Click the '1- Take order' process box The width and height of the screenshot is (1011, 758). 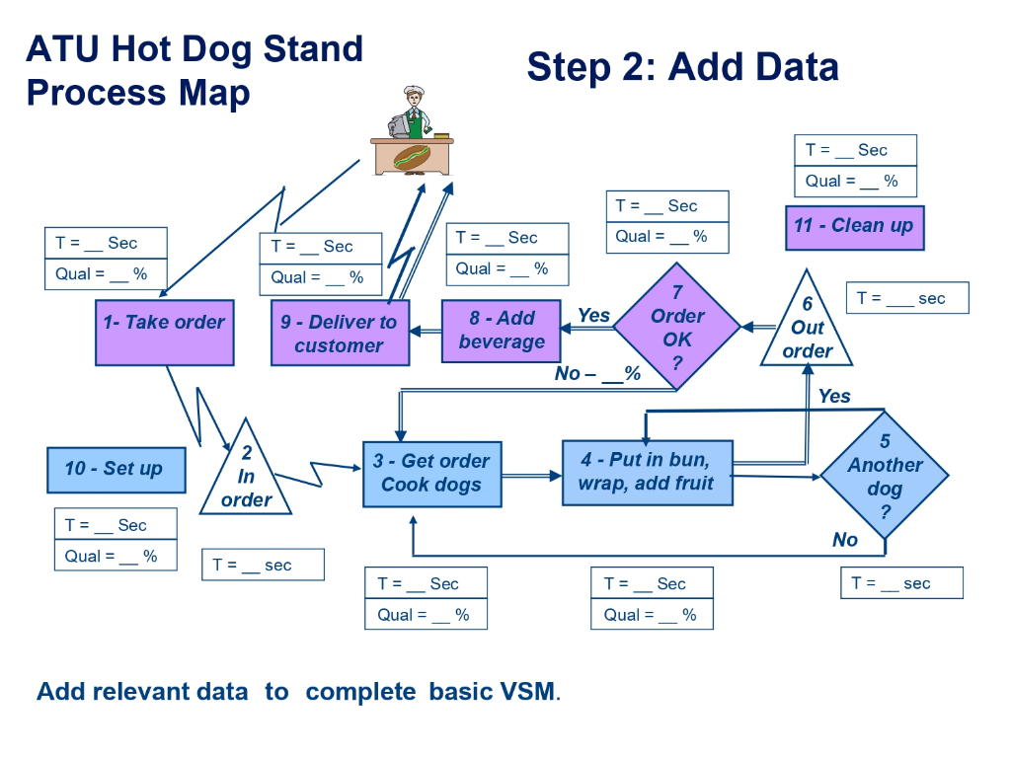tap(165, 333)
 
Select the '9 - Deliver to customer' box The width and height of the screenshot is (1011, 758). tap(341, 334)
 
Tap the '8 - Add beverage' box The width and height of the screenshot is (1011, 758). tap(502, 331)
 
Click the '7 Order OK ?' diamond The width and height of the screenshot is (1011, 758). tap(677, 328)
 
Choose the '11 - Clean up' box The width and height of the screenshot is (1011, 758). tap(854, 226)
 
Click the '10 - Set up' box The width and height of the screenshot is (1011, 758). tap(117, 469)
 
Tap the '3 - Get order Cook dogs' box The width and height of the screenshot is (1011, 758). tap(431, 474)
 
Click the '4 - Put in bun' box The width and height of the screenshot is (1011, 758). tap(647, 473)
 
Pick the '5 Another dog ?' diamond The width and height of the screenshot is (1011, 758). tap(885, 476)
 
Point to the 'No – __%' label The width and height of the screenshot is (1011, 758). tap(597, 374)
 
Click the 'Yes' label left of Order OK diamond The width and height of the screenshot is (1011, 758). tap(593, 315)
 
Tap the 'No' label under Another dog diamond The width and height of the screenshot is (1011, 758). tap(845, 539)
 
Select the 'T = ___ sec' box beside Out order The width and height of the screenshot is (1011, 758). tap(907, 298)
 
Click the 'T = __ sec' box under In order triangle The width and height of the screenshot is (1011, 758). tap(263, 565)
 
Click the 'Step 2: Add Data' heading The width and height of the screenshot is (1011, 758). tap(682, 67)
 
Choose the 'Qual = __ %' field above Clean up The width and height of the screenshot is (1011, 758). tap(855, 182)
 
